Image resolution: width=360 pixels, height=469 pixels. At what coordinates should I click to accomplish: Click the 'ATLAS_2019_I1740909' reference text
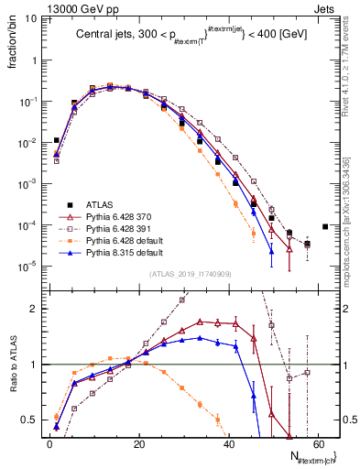coord(189,275)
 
